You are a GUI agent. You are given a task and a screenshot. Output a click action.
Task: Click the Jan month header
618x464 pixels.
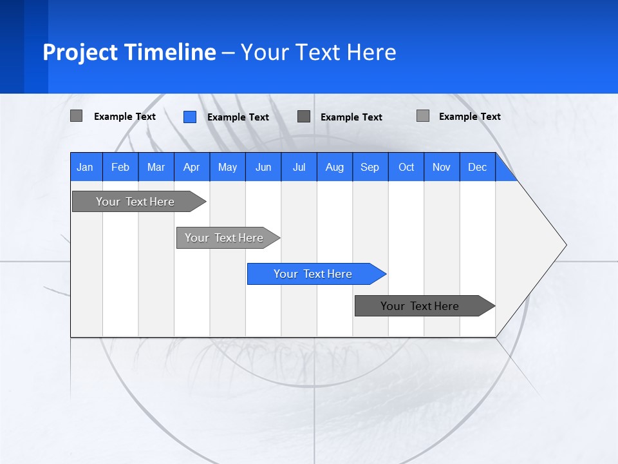click(x=86, y=167)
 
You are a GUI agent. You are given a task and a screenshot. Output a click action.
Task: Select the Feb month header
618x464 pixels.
click(x=120, y=167)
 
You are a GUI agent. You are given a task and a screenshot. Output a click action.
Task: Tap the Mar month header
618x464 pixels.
click(x=156, y=167)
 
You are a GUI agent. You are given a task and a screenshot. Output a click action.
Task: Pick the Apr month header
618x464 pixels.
click(x=192, y=167)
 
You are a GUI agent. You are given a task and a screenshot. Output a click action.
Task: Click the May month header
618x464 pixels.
click(x=227, y=167)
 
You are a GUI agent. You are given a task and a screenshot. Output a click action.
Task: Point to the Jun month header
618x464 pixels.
click(x=263, y=167)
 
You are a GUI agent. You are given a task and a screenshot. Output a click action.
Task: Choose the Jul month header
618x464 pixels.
click(x=299, y=167)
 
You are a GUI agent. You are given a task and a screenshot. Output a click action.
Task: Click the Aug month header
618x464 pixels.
click(x=335, y=167)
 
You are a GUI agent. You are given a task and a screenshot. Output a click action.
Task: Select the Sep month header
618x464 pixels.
click(x=370, y=167)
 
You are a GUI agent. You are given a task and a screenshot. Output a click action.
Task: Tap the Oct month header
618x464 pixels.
click(x=406, y=167)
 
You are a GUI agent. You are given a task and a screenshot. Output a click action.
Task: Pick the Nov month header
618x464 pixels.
click(x=442, y=167)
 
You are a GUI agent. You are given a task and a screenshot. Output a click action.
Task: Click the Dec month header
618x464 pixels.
click(x=478, y=167)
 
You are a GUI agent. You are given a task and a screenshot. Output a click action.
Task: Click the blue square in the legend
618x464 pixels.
click(x=189, y=117)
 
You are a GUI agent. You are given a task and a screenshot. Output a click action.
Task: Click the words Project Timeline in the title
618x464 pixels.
click(x=129, y=52)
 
